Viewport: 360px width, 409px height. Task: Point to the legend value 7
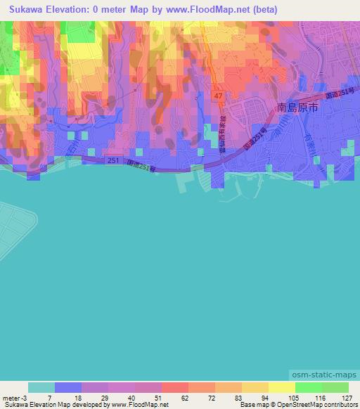click(x=49, y=397)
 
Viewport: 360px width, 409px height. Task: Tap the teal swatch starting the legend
click(x=41, y=387)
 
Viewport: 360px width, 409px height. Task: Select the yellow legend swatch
click(x=282, y=387)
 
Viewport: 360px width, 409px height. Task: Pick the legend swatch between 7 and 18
click(x=68, y=387)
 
